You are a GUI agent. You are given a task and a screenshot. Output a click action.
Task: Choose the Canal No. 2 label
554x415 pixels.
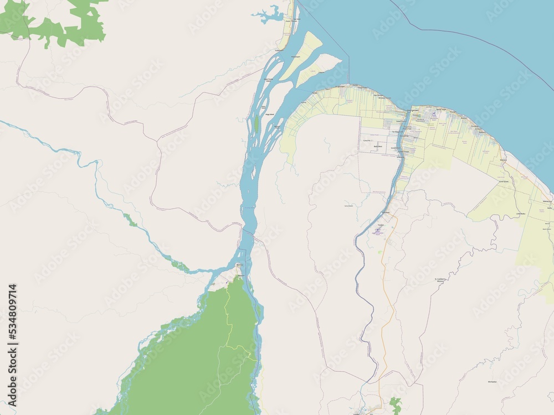[x=367, y=141]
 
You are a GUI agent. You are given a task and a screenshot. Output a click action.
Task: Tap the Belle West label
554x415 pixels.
[x=378, y=146]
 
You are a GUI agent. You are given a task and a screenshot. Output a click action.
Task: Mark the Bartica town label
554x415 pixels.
[x=239, y=265]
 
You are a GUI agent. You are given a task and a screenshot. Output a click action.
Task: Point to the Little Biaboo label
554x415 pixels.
[x=520, y=214]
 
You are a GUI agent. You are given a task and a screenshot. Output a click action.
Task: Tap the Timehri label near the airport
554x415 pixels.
[x=387, y=213]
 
